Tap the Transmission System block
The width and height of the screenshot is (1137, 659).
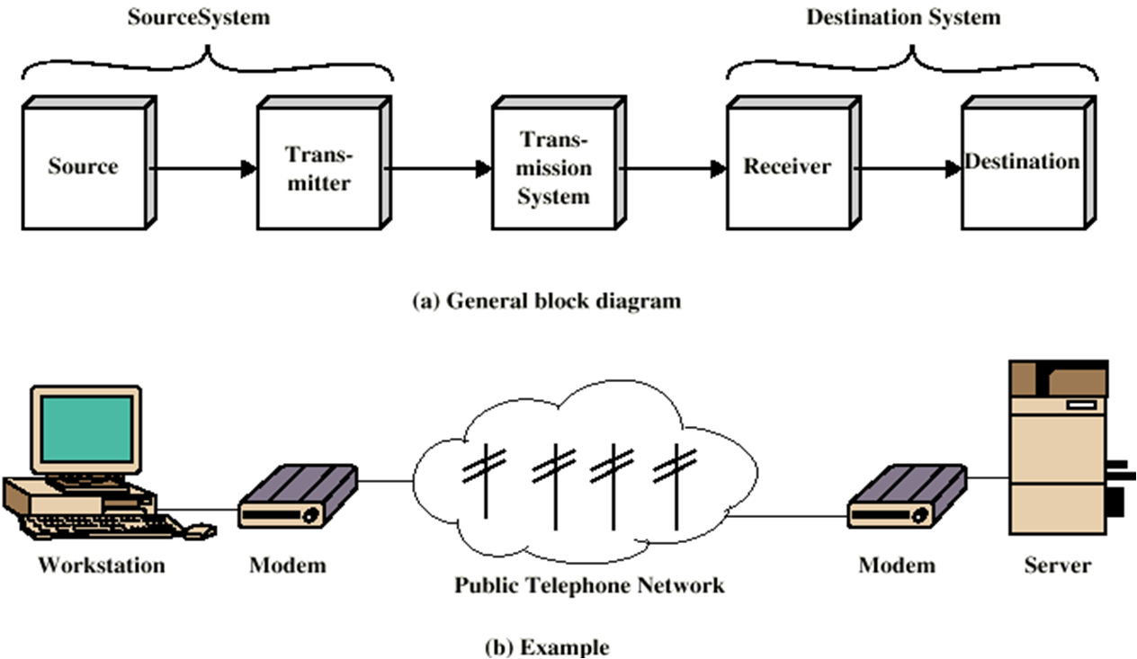(x=553, y=167)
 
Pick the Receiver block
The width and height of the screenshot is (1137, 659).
(x=787, y=167)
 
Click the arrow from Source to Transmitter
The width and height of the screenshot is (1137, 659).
(x=202, y=168)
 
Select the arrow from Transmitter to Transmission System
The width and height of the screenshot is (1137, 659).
(x=438, y=168)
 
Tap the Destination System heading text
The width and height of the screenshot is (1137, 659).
(x=903, y=18)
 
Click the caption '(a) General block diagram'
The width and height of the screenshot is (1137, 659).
(x=546, y=301)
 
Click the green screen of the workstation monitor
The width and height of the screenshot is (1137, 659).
(x=86, y=429)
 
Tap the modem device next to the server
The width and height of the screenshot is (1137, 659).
(x=907, y=497)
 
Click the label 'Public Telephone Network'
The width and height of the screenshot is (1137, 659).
(x=588, y=585)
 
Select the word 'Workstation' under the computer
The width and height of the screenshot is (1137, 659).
(x=101, y=565)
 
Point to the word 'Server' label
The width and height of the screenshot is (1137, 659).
(x=1057, y=565)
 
